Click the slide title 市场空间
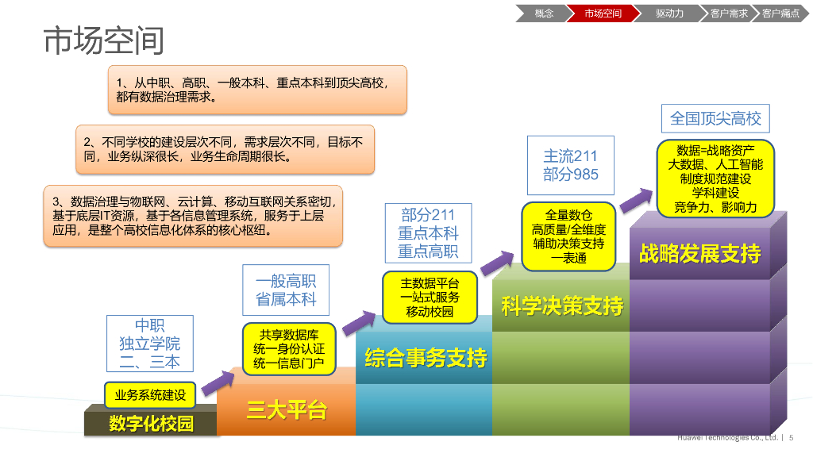pyautogui.click(x=104, y=40)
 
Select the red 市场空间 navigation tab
pyautogui.click(x=603, y=13)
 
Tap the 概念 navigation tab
pyautogui.click(x=544, y=13)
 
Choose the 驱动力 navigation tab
pyautogui.click(x=669, y=13)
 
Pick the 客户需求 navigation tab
pyautogui.click(x=729, y=13)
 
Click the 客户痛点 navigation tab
pyautogui.click(x=781, y=13)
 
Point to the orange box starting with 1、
pyautogui.click(x=257, y=90)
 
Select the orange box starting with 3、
pyautogui.click(x=193, y=216)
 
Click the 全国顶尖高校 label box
pyautogui.click(x=715, y=119)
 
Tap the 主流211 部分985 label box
pyautogui.click(x=570, y=165)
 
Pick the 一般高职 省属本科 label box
pyautogui.click(x=286, y=290)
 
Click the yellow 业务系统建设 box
pyautogui.click(x=150, y=395)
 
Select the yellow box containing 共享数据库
pyautogui.click(x=289, y=349)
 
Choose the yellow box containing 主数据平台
pyautogui.click(x=430, y=298)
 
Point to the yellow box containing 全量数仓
pyautogui.click(x=568, y=236)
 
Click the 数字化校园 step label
pyautogui.click(x=151, y=424)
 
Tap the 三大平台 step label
pyautogui.click(x=287, y=410)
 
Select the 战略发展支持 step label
pyautogui.click(x=700, y=253)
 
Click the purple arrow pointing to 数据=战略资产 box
pyautogui.click(x=636, y=201)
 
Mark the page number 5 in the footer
pyautogui.click(x=792, y=438)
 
